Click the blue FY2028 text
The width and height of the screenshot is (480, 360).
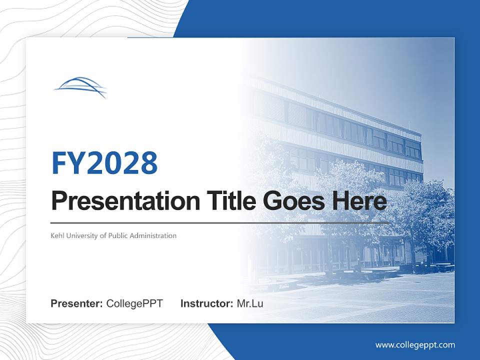click(104, 163)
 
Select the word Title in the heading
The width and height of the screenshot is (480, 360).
click(230, 201)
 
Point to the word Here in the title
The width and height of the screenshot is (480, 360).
click(359, 201)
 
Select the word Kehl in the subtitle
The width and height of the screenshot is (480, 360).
click(58, 235)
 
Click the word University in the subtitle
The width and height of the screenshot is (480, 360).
click(83, 235)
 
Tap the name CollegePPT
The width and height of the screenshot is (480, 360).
click(134, 303)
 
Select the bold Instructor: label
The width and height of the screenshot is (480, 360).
click(206, 303)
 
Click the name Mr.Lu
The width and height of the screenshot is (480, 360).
click(249, 303)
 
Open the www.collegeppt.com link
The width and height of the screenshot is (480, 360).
click(415, 345)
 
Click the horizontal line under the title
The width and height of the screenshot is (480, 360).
click(220, 222)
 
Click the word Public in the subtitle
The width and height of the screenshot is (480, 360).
click(116, 235)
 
